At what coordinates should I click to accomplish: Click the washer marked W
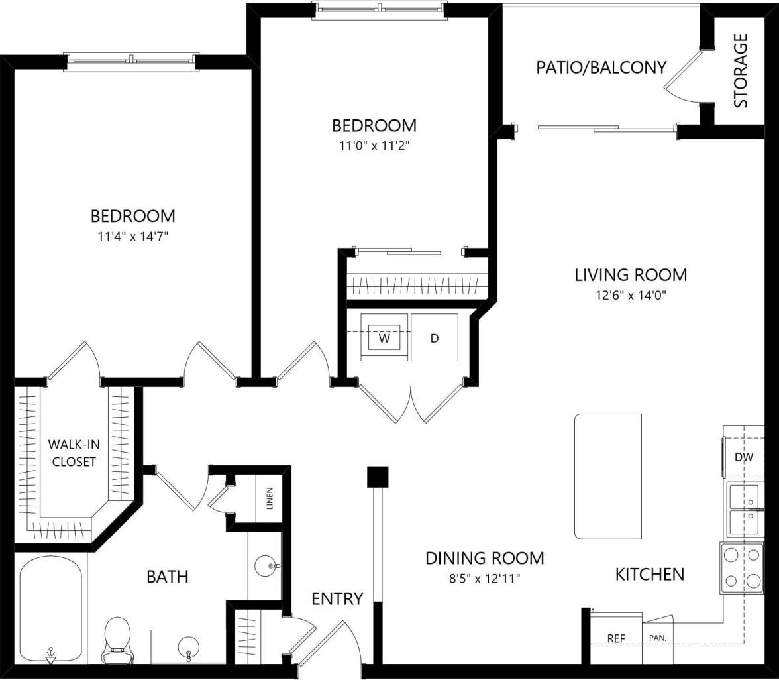384,337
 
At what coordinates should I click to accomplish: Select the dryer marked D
435,337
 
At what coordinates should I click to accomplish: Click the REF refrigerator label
617,639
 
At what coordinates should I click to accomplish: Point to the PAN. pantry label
658,639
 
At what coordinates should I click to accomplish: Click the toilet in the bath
117,640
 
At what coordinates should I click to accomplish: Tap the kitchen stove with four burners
742,568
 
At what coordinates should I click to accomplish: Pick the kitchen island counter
608,477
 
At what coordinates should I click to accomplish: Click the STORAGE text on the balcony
741,70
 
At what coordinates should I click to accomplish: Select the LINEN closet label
269,499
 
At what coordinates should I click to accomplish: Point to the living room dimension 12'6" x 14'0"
630,296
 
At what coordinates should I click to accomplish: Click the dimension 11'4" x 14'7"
132,235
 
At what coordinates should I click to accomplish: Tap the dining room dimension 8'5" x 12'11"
484,579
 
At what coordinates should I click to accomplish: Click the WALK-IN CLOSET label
72,453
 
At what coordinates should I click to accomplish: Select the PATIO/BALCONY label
601,67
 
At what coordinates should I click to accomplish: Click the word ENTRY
337,598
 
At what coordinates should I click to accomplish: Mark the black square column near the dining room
378,477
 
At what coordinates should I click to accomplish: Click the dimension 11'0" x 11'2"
374,146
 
